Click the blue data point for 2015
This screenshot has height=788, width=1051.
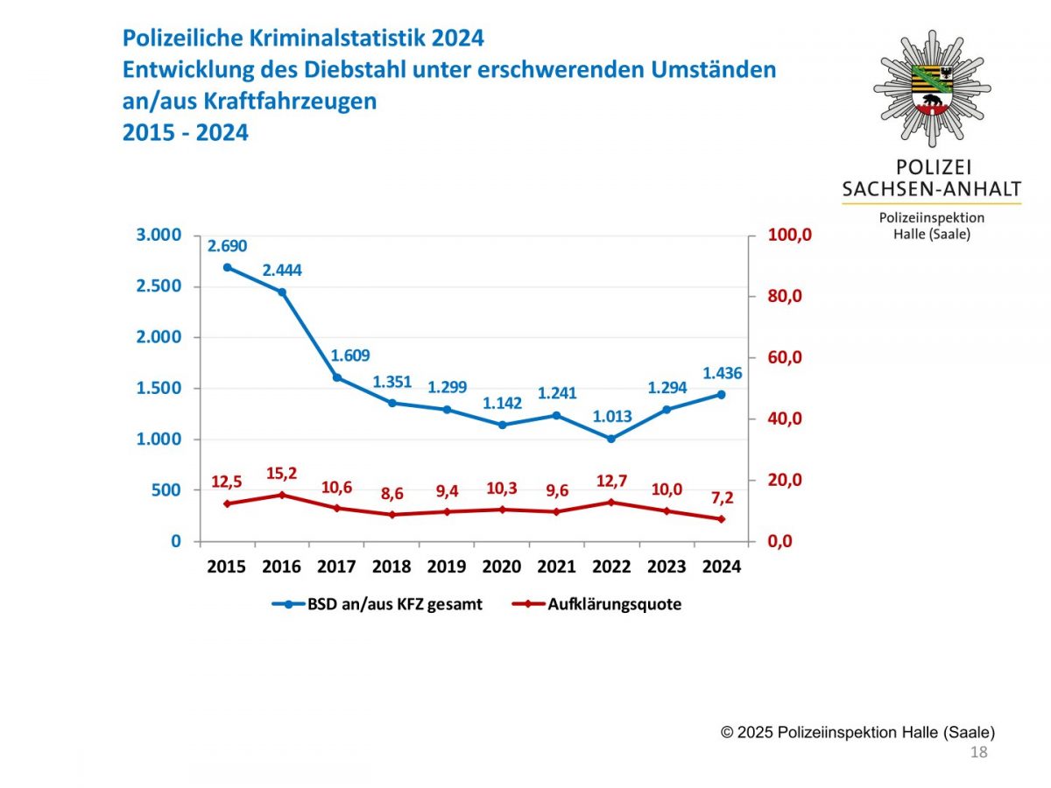pyautogui.click(x=227, y=267)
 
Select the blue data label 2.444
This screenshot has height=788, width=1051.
pyautogui.click(x=282, y=271)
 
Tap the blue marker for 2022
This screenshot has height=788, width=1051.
pyautogui.click(x=611, y=438)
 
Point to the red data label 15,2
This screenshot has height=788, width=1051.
pyautogui.click(x=281, y=474)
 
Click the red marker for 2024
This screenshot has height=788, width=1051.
pyautogui.click(x=722, y=519)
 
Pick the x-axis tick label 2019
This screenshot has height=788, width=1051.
pyautogui.click(x=447, y=566)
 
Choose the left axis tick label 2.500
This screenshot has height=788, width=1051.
pyautogui.click(x=159, y=286)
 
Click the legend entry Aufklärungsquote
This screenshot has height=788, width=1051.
pyautogui.click(x=614, y=604)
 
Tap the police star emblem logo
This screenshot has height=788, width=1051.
pyautogui.click(x=932, y=88)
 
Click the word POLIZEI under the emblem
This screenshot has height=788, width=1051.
pyautogui.click(x=932, y=166)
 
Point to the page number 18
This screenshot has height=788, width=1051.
pyautogui.click(x=979, y=753)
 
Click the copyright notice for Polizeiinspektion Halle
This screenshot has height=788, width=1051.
pyautogui.click(x=857, y=733)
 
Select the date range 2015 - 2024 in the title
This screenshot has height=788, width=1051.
pyautogui.click(x=186, y=133)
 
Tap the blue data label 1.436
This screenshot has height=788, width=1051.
pyautogui.click(x=722, y=373)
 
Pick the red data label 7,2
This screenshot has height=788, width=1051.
pyautogui.click(x=722, y=498)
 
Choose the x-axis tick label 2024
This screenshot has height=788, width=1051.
pyautogui.click(x=722, y=566)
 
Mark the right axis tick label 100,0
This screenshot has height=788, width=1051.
pyautogui.click(x=791, y=235)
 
